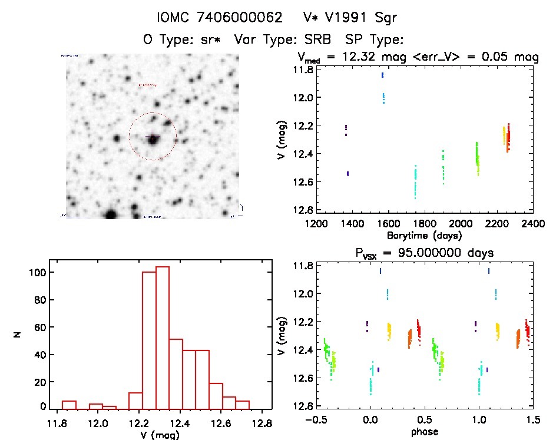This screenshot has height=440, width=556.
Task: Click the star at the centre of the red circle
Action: pos(153,140)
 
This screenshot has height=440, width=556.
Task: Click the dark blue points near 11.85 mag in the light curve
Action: pos(382,75)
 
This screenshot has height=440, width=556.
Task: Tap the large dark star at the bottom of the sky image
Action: pos(110,214)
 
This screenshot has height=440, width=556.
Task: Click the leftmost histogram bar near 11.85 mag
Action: pos(69,405)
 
